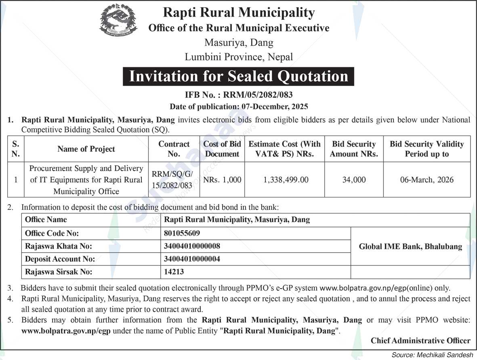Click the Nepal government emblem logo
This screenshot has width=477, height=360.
(x=116, y=21)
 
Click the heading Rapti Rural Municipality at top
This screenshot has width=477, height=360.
(x=238, y=13)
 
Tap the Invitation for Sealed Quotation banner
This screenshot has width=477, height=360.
(x=238, y=76)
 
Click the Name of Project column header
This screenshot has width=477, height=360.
(x=86, y=149)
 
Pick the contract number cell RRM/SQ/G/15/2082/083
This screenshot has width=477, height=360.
(x=174, y=180)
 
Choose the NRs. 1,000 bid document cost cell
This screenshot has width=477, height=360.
(x=222, y=180)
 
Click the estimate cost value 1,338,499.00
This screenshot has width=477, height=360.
(x=286, y=180)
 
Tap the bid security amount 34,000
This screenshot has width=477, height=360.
(x=354, y=180)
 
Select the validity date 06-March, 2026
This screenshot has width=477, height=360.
(x=427, y=180)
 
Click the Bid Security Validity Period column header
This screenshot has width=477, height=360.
(x=427, y=149)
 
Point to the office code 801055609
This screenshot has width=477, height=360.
(x=182, y=233)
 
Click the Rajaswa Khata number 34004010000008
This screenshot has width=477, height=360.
(x=192, y=246)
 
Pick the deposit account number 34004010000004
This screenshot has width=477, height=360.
(x=192, y=259)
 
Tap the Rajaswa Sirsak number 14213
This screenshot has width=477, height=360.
(x=174, y=272)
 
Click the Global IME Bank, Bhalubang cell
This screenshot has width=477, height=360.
(x=410, y=247)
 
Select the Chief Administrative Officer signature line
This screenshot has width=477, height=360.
(x=420, y=341)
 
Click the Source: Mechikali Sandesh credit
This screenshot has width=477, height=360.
(x=432, y=355)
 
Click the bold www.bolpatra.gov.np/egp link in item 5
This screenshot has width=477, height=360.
(x=66, y=331)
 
